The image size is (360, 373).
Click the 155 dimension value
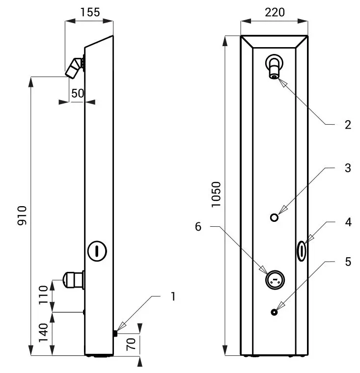89,12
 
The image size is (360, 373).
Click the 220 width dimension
275,12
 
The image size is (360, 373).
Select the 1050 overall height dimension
217,194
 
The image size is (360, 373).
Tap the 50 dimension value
77,93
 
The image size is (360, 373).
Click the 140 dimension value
44,334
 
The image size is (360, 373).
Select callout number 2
347,125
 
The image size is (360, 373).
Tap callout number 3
347,168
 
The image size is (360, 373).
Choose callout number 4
347,222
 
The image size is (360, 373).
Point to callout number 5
347,261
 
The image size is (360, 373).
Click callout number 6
198,226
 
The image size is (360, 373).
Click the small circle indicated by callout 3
275,217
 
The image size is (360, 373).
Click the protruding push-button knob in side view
72,280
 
